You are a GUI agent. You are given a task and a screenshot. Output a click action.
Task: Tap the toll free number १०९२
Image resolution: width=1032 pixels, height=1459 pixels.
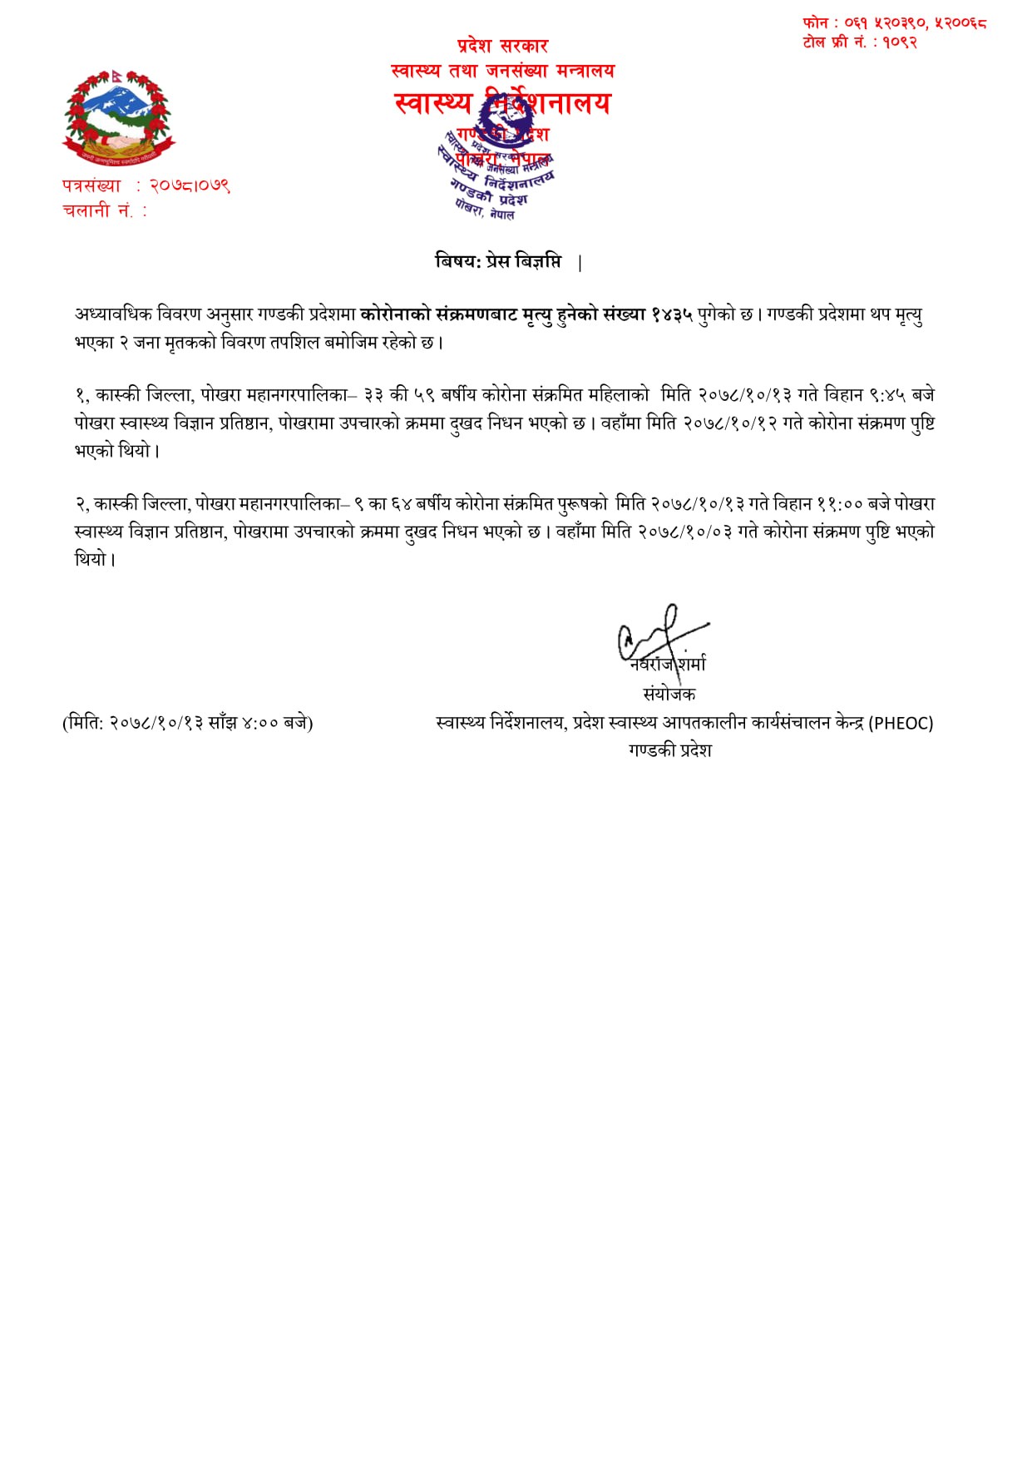[900, 42]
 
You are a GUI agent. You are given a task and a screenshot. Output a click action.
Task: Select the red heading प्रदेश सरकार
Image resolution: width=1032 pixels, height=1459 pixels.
[502, 46]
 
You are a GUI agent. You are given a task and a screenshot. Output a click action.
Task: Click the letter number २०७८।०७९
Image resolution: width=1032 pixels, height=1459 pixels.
[190, 185]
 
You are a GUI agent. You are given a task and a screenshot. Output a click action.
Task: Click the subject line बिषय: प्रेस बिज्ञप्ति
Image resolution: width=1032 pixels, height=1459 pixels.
[498, 261]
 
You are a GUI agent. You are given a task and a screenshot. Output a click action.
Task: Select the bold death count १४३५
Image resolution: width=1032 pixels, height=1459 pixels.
[672, 314]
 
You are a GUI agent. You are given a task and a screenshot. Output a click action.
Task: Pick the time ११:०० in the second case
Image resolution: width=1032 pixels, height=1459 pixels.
[839, 504]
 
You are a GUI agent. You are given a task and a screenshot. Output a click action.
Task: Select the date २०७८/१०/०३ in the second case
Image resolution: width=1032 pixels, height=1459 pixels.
[685, 532]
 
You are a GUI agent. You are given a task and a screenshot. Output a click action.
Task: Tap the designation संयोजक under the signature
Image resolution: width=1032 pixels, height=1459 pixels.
[669, 694]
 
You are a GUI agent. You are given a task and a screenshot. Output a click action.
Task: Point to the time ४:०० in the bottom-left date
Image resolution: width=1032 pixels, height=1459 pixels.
[260, 723]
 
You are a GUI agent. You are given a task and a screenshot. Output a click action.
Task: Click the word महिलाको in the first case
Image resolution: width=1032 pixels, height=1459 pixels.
[616, 395]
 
